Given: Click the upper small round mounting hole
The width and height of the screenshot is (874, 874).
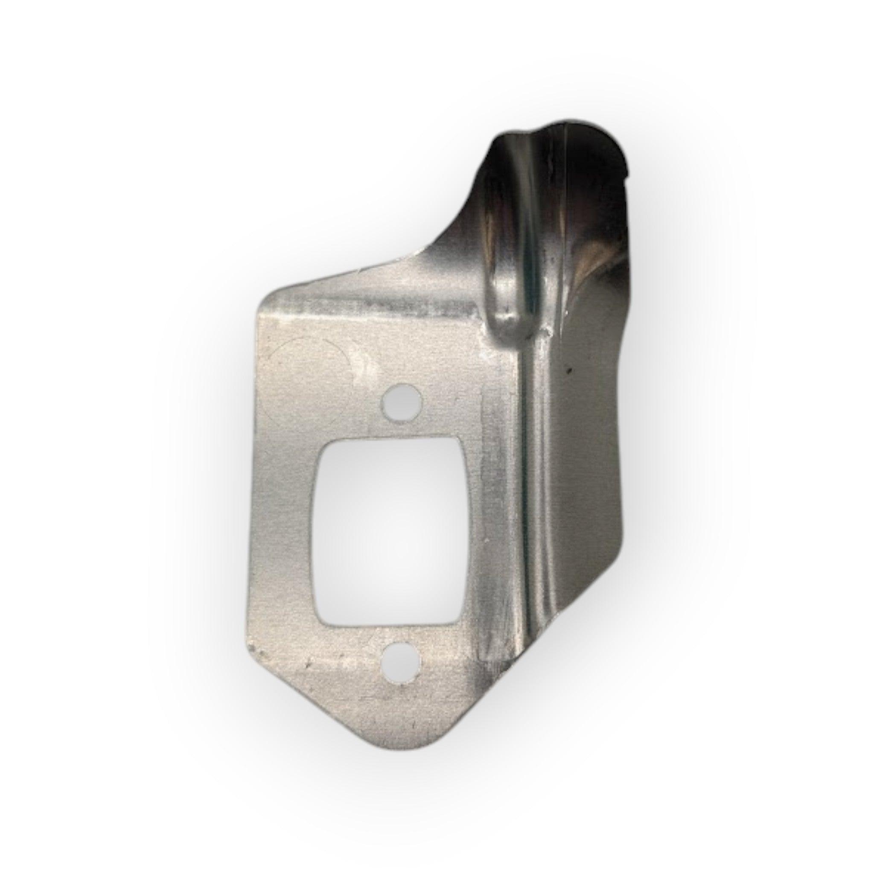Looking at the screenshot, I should (x=402, y=401).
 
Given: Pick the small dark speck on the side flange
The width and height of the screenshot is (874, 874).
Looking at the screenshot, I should (x=570, y=370).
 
